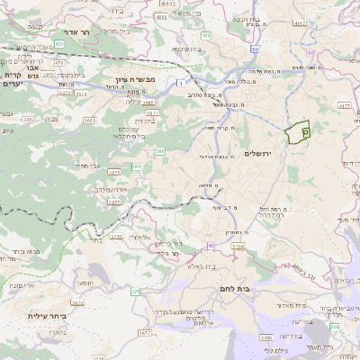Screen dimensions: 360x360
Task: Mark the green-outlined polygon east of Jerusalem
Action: pyautogui.click(x=297, y=131)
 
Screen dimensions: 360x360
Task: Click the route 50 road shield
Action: pyautogui.click(x=256, y=49)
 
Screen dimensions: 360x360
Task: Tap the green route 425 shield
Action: pyautogui.click(x=58, y=42)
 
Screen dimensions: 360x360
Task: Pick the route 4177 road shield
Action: pyautogui.click(x=345, y=106)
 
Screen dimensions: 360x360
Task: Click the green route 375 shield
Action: pyautogui.click(x=135, y=292)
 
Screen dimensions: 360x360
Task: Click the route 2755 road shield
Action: pyautogui.click(x=115, y=237)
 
